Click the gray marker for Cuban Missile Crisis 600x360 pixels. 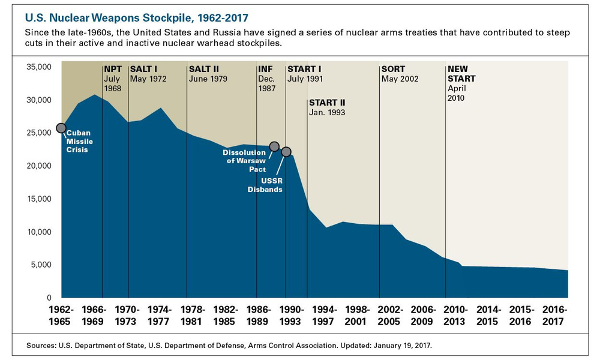[61, 128]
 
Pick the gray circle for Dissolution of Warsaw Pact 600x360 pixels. [274, 146]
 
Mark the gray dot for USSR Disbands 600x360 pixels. [286, 152]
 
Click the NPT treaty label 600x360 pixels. [113, 69]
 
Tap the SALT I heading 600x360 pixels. [143, 69]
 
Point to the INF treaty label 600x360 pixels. [265, 69]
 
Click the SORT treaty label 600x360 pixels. [394, 69]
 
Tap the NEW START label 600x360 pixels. [461, 74]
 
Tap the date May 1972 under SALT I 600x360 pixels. [148, 79]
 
